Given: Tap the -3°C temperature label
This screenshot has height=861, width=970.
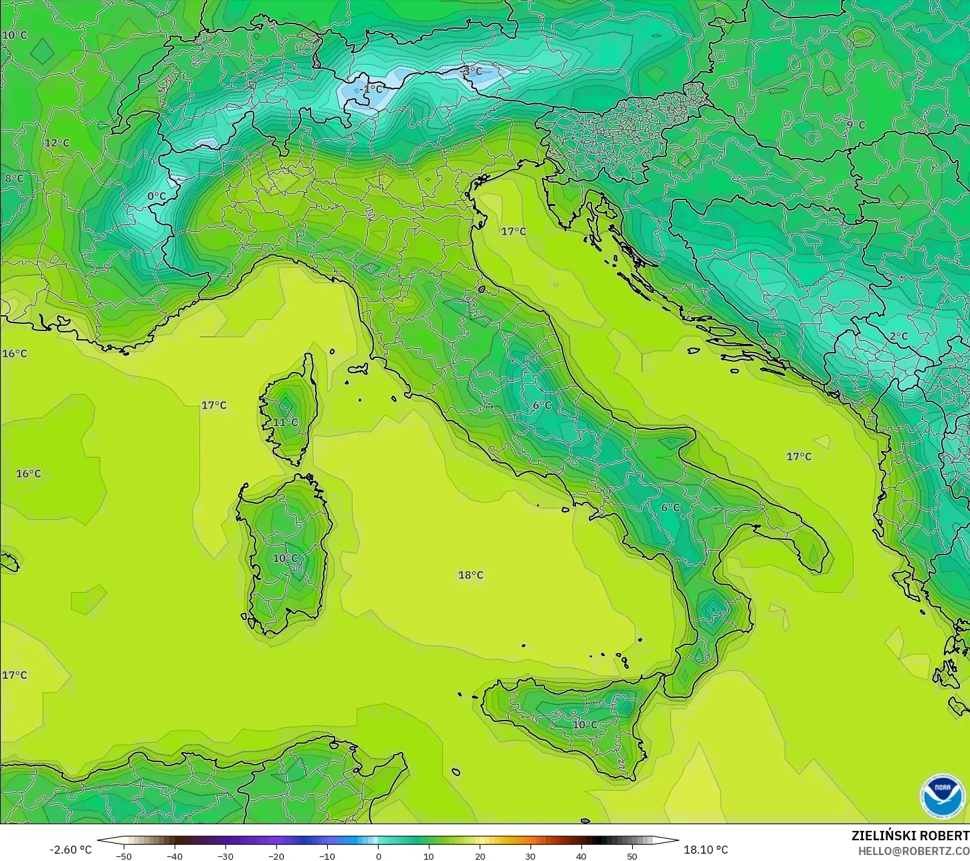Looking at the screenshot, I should coord(472,71).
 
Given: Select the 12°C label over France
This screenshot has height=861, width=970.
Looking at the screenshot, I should coord(57,142).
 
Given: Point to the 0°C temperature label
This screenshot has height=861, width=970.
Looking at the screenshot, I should coord(157,196).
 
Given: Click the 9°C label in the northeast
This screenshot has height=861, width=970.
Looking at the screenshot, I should coord(856,124).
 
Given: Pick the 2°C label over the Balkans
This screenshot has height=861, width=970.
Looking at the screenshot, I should coord(898,336).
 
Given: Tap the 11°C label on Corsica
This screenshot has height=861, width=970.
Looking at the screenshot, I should coord(286,422).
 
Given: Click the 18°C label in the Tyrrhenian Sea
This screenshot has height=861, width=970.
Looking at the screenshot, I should coord(470,575).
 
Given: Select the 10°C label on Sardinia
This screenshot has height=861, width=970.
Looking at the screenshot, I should coord(286,558).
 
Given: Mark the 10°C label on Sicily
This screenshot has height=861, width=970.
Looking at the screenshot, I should coord(585,725).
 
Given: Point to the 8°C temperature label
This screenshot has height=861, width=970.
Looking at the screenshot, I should coord(14,179).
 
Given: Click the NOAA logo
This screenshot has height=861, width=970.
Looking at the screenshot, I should coord(942,796).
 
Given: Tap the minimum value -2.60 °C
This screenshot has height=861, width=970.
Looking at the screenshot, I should coord(70,850).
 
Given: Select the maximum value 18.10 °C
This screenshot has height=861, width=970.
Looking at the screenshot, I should coord(706,850).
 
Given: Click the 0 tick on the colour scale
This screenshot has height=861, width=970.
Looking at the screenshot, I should coord(378,856).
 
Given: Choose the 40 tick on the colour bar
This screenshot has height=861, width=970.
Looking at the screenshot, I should coord(581,856).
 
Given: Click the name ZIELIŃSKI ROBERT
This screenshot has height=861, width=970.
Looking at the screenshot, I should coord(910,836).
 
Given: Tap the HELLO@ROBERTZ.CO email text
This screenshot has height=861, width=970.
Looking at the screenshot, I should coord(914,850).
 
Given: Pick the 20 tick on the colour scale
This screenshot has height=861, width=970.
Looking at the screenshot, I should coord(480,856).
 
